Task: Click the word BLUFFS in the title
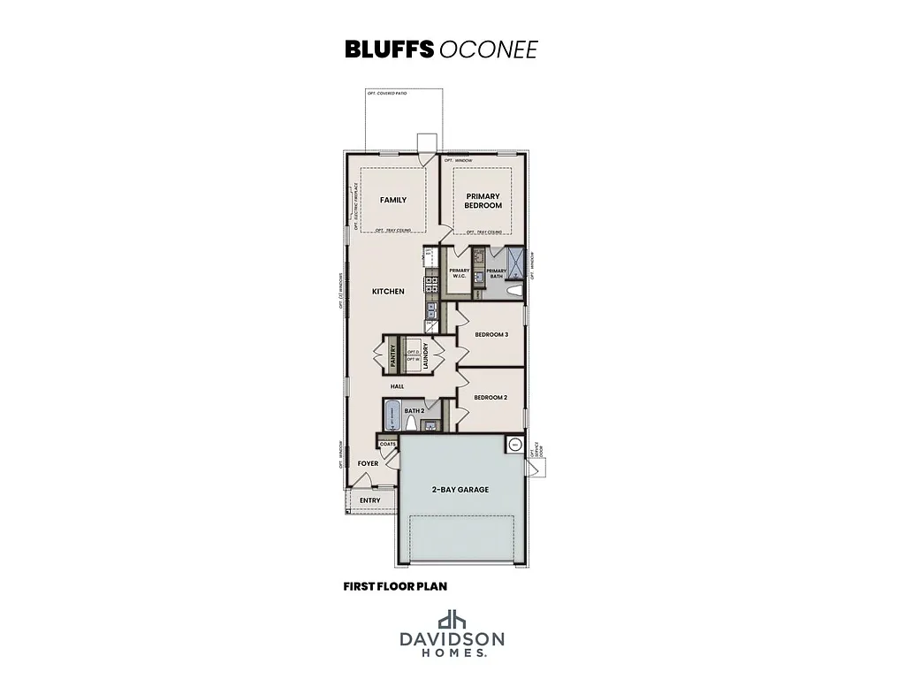(x=388, y=49)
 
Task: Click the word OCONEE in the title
(x=487, y=49)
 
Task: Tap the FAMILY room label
(x=393, y=200)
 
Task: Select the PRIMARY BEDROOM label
(x=483, y=201)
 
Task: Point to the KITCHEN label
(x=388, y=291)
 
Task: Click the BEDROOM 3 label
(x=491, y=334)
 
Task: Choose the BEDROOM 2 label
(x=491, y=398)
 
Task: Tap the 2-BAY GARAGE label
(x=460, y=489)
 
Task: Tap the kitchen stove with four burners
(x=432, y=285)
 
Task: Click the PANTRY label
(x=392, y=355)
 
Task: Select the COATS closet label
(x=387, y=445)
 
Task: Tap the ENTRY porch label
(x=370, y=501)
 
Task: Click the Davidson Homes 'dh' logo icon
(x=452, y=618)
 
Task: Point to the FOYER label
(x=368, y=463)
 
